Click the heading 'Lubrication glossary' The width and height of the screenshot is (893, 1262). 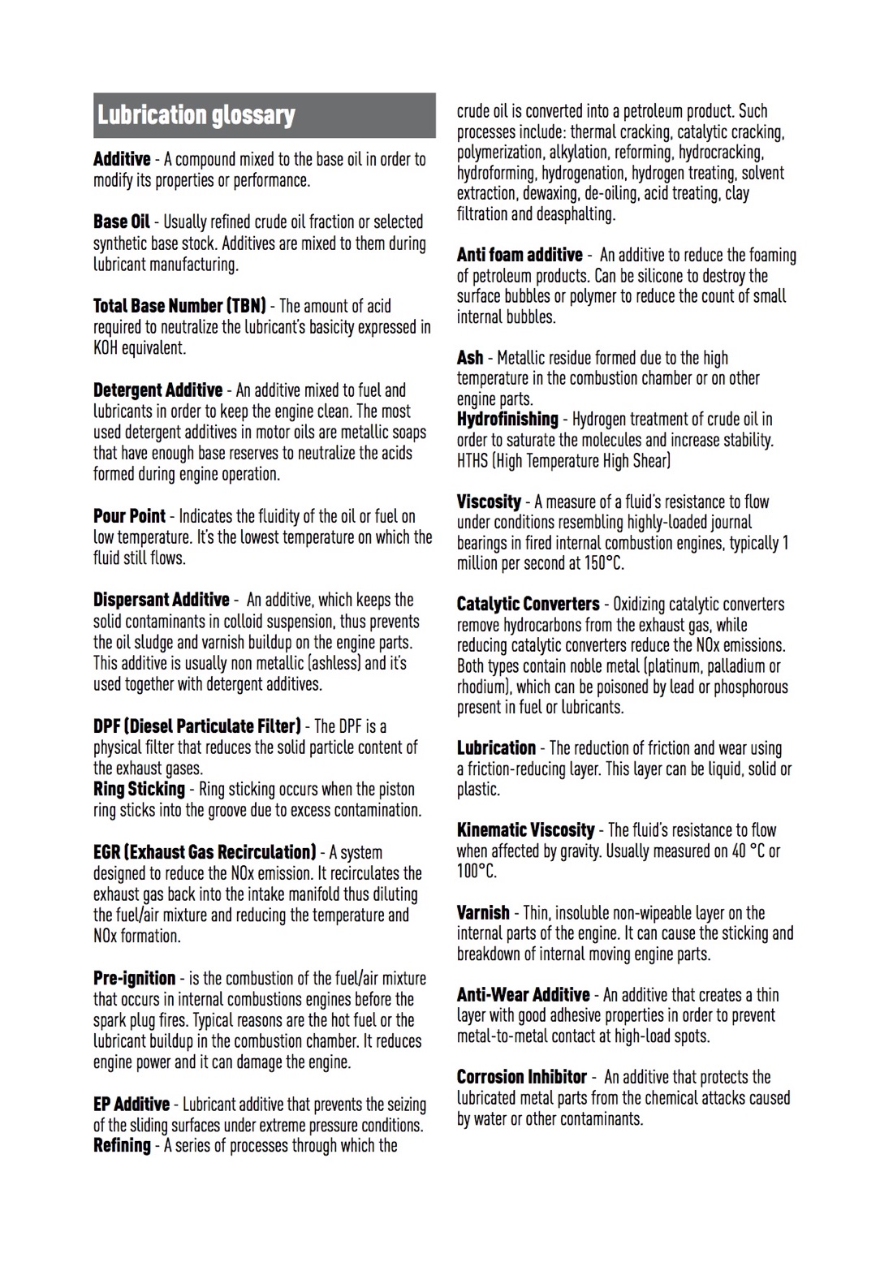coord(196,115)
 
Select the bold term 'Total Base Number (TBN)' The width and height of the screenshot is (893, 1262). coord(179,306)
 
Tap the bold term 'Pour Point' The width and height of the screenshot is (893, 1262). coord(129,516)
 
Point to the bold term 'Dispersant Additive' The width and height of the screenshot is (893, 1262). coord(161,600)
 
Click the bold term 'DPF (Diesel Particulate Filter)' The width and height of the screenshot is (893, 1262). coord(197,726)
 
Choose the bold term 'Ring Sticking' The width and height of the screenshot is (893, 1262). coord(139,789)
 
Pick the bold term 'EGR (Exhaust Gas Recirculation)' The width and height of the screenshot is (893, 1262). coord(205,852)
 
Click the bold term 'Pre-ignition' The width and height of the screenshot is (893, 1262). coord(134,978)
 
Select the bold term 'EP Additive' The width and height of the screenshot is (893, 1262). coord(132,1105)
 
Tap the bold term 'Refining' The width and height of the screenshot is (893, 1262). coord(122,1146)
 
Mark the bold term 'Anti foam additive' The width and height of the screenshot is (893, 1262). coord(520,255)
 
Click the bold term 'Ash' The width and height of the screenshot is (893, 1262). coord(470,358)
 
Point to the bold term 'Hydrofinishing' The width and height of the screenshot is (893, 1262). coord(507,420)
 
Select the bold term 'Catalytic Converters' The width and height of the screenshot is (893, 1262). coord(528,604)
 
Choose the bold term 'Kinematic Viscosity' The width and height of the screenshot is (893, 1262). coord(525,830)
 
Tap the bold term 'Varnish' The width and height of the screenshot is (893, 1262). coord(483,913)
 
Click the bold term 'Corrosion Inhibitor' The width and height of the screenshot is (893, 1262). coord(521,1077)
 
